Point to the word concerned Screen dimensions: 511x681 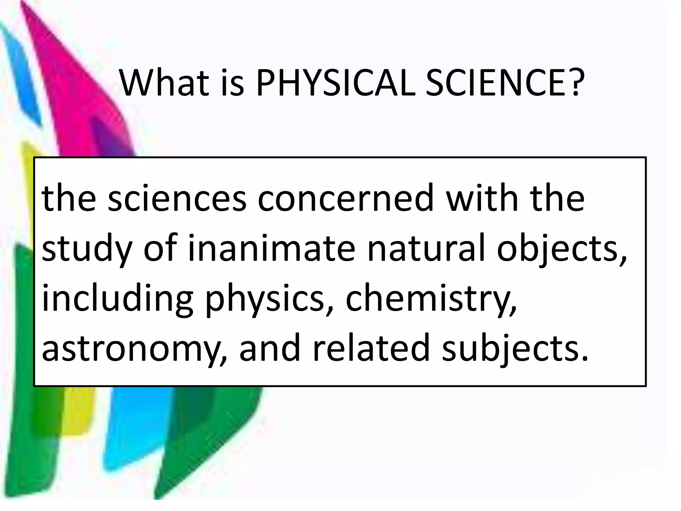(346, 199)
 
